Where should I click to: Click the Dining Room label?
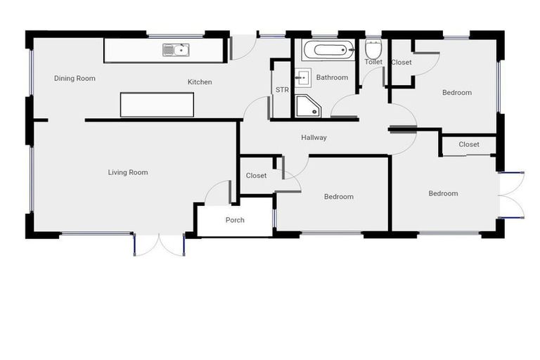[75, 78]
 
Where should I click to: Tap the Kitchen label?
[200, 82]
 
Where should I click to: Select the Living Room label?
[128, 172]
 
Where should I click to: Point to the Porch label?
[235, 220]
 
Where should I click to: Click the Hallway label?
[314, 138]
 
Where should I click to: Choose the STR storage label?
[282, 90]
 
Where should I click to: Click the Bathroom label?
[332, 77]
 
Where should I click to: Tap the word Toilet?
[373, 62]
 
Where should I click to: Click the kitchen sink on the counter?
[176, 49]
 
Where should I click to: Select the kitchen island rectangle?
[157, 105]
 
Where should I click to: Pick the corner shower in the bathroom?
[307, 106]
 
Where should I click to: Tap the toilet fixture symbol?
[373, 49]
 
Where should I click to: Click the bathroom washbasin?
[304, 77]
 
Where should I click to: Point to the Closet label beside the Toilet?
[401, 63]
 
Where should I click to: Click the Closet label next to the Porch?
[256, 176]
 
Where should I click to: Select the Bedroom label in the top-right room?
[457, 93]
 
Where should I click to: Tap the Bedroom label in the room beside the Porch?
[339, 197]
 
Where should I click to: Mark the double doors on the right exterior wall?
[511, 193]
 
